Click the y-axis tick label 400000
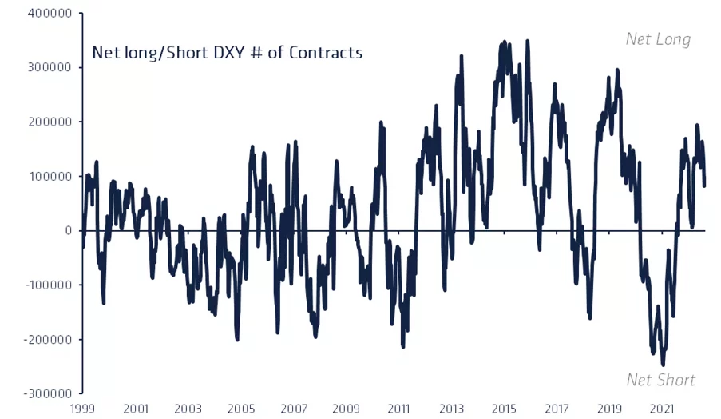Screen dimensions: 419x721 click(x=50, y=14)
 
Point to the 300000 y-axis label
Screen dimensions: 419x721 click(x=50, y=68)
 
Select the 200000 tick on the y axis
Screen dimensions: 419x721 click(x=50, y=122)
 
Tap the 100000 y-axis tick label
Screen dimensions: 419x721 click(x=50, y=177)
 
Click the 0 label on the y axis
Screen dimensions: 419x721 click(x=69, y=231)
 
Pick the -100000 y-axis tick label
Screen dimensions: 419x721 click(x=47, y=285)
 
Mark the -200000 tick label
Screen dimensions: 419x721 click(x=47, y=340)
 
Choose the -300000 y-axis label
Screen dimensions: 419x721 click(x=47, y=394)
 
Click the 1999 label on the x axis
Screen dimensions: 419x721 click(x=84, y=409)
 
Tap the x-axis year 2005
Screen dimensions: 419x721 click(x=240, y=409)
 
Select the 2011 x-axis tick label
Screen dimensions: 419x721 click(x=398, y=409)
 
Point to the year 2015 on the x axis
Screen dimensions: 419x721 click(x=504, y=409)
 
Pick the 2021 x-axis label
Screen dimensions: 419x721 click(x=662, y=409)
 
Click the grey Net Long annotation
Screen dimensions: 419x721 click(x=658, y=39)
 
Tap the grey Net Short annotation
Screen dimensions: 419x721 click(x=661, y=380)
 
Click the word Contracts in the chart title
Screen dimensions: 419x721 click(x=326, y=54)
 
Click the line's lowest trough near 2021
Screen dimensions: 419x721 click(x=663, y=365)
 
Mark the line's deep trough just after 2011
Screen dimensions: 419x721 click(x=403, y=346)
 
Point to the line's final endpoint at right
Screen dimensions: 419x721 click(x=704, y=186)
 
